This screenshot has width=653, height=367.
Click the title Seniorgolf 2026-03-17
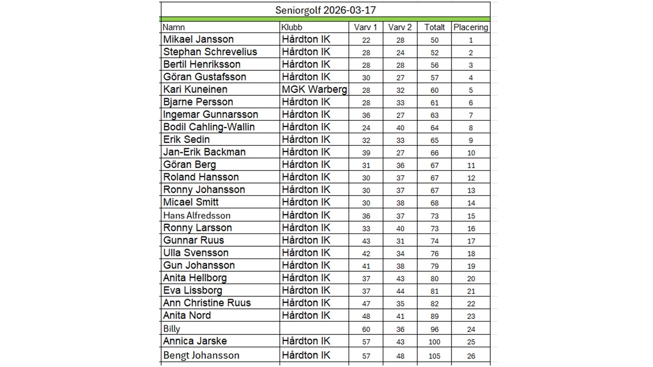click(x=326, y=10)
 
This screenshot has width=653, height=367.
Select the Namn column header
click(x=173, y=28)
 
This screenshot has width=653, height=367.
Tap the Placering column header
click(x=470, y=28)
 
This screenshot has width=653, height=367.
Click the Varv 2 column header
click(x=399, y=28)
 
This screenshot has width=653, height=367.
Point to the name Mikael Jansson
click(x=198, y=39)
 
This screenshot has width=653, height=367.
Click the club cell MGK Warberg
click(x=314, y=90)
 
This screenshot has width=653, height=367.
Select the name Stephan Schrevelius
click(x=210, y=52)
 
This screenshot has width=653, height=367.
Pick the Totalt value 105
click(x=434, y=356)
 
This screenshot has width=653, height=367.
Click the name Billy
click(x=172, y=329)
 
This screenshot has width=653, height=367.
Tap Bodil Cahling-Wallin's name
click(x=209, y=127)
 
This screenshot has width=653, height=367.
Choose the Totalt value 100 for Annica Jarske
click(x=434, y=342)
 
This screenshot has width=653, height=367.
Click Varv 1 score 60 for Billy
click(x=366, y=329)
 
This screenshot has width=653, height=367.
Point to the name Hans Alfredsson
click(x=197, y=215)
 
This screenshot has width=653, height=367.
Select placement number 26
click(x=471, y=356)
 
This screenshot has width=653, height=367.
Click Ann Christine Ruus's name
click(x=207, y=303)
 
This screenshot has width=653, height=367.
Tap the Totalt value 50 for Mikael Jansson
click(x=434, y=40)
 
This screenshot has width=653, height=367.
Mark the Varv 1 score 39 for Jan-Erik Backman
click(x=366, y=153)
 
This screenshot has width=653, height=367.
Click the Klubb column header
click(x=292, y=28)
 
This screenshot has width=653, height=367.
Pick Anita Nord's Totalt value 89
click(x=434, y=316)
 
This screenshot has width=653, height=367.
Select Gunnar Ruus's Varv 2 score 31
click(x=399, y=241)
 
